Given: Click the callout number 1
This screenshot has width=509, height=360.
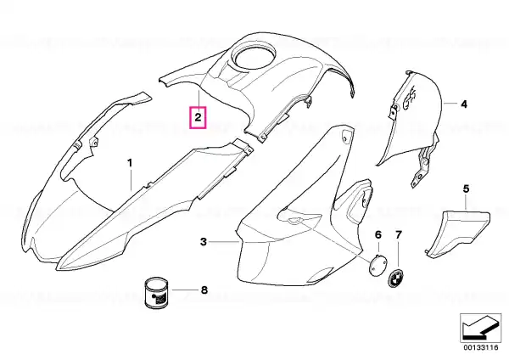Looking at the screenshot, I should point(130,160).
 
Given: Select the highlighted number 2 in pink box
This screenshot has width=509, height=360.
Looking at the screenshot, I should point(197,117).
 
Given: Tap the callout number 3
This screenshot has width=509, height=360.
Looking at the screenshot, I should point(203,242).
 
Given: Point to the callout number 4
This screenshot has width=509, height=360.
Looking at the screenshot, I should point(464,104).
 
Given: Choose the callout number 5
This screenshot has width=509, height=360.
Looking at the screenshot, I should point(466,187).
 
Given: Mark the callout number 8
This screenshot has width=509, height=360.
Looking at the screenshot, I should point(203,290).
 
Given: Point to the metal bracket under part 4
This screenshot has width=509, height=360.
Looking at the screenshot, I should point(420,170).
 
